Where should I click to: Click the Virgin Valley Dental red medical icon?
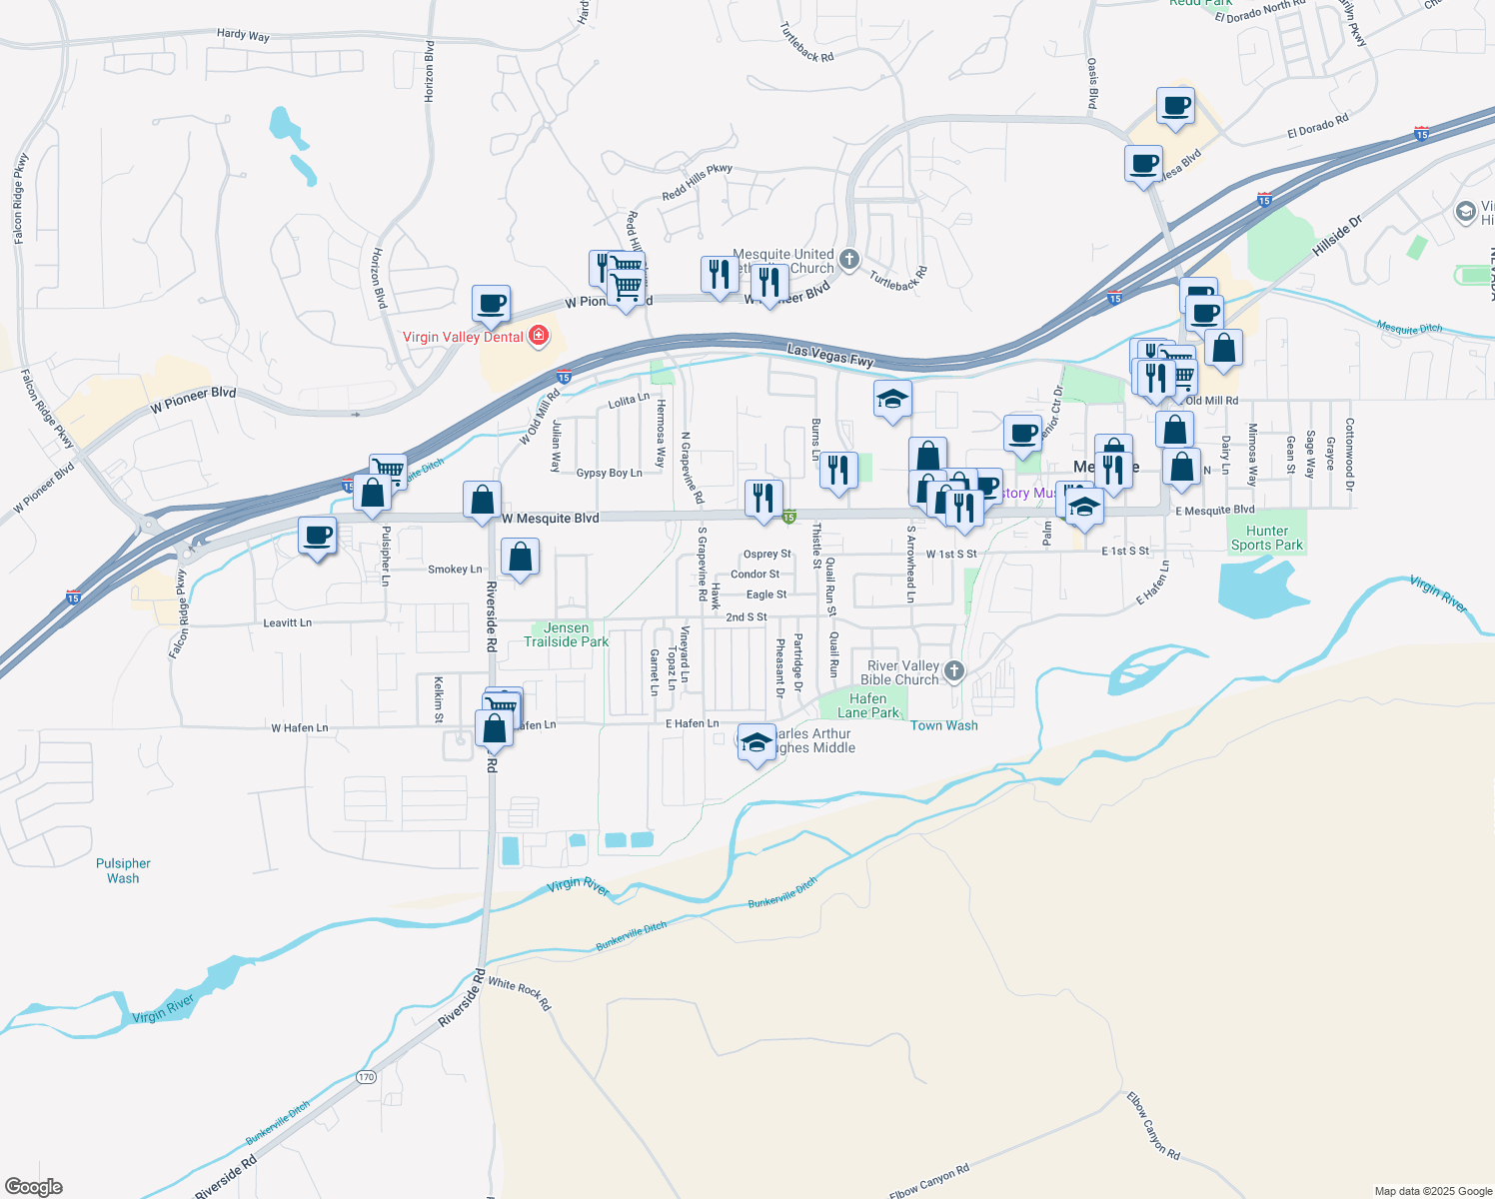[x=539, y=336]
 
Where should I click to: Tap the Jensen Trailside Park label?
[x=566, y=634]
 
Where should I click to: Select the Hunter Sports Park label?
[x=1266, y=538]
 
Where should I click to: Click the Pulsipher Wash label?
[x=123, y=870]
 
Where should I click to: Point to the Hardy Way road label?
[x=243, y=35]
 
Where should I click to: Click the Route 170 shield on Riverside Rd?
[x=366, y=1077]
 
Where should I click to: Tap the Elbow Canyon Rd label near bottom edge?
[x=928, y=1181]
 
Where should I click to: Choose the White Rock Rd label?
[x=519, y=993]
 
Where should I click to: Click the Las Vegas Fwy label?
[x=829, y=355]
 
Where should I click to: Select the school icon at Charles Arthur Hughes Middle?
[x=756, y=742]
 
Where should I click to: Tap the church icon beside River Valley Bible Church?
[x=954, y=671]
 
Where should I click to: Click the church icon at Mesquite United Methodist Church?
[x=848, y=260]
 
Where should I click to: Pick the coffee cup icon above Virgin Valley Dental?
[x=491, y=303]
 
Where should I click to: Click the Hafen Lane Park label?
[x=867, y=705]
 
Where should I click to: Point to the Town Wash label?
[x=943, y=725]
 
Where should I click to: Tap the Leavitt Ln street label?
[x=287, y=622]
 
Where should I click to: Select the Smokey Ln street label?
[x=455, y=570]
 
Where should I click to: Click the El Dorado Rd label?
[x=1317, y=127]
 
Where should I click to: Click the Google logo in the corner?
[x=33, y=1187]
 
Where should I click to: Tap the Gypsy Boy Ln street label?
[x=609, y=473]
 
